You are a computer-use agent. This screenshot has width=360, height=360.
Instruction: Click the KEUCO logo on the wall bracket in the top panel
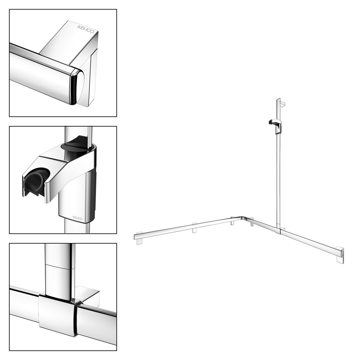point(86,29)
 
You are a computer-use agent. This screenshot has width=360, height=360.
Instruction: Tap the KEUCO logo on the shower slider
point(77,217)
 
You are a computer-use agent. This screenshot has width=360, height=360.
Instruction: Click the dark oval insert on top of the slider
point(75,147)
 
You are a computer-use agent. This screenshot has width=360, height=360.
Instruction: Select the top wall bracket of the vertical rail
point(283,104)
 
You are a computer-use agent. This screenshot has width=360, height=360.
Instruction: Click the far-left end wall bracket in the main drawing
point(139,238)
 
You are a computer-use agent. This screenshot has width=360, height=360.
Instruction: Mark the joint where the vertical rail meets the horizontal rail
point(278,229)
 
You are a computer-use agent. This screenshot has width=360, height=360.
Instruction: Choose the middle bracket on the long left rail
point(194,228)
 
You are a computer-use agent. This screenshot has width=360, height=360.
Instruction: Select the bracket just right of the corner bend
point(252,222)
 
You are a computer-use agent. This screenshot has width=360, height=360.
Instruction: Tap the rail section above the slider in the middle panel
point(78,135)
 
